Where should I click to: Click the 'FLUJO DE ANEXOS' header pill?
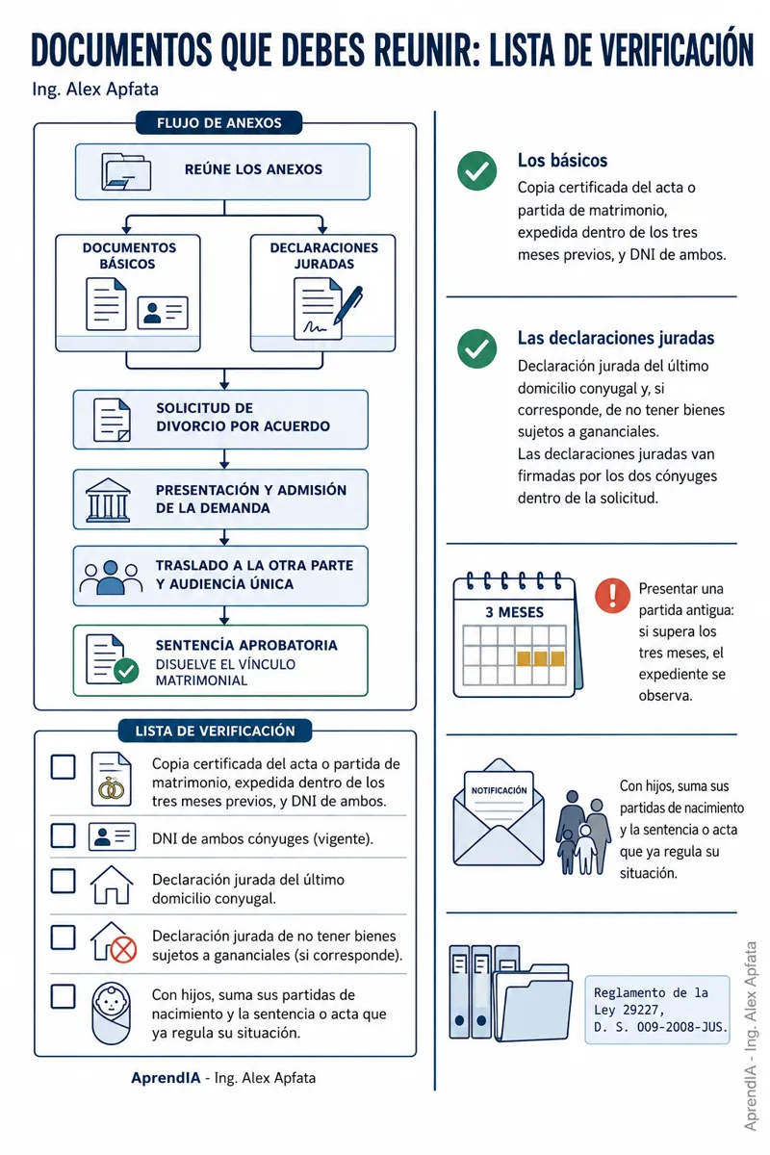pos(218,123)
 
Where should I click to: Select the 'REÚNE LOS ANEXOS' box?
pos(222,171)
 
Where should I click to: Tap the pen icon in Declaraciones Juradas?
pos(347,305)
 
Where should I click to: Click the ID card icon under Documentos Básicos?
pos(163,313)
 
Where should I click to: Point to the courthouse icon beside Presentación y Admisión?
pos(108,500)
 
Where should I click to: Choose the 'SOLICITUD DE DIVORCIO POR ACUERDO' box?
pos(220,420)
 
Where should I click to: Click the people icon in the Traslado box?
pos(111,577)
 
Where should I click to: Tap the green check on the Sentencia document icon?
pos(126,671)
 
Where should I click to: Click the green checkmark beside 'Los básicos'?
pos(476,170)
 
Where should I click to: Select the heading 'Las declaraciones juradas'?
pos(616,338)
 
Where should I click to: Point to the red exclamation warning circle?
pos(612,596)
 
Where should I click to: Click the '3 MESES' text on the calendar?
pos(514,612)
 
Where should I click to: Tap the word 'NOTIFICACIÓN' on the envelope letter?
pos(500,790)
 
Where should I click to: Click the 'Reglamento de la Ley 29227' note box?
pos(657,1010)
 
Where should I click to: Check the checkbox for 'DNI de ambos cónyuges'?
pos(63,835)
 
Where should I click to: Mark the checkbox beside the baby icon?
pos(63,997)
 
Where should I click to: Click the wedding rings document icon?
pos(112,779)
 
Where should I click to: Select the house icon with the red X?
pos(113,942)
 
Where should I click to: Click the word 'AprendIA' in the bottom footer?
pos(166,1078)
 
